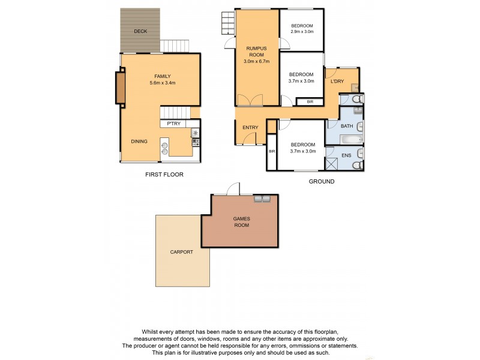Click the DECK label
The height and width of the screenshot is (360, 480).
coord(140,31)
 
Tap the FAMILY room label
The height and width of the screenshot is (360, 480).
coord(163,76)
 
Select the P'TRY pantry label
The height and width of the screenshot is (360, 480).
coord(174,124)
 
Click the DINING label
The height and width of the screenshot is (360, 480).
coord(139,142)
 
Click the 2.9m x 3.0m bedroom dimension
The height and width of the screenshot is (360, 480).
coord(302,31)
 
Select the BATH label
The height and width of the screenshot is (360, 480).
coord(347,126)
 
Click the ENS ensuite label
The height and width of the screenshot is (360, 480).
coord(346,155)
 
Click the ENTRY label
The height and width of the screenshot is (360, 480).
coord(250,128)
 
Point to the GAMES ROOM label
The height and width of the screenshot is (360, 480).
coord(241,223)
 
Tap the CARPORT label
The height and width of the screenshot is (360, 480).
coord(181,252)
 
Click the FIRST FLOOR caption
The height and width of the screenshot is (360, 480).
coord(164,175)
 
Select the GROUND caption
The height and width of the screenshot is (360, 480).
coord(321,181)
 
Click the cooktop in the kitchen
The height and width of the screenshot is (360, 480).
coord(195,142)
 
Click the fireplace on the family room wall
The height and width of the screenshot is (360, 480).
coord(121,86)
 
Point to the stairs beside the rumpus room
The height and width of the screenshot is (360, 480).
coord(227,25)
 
